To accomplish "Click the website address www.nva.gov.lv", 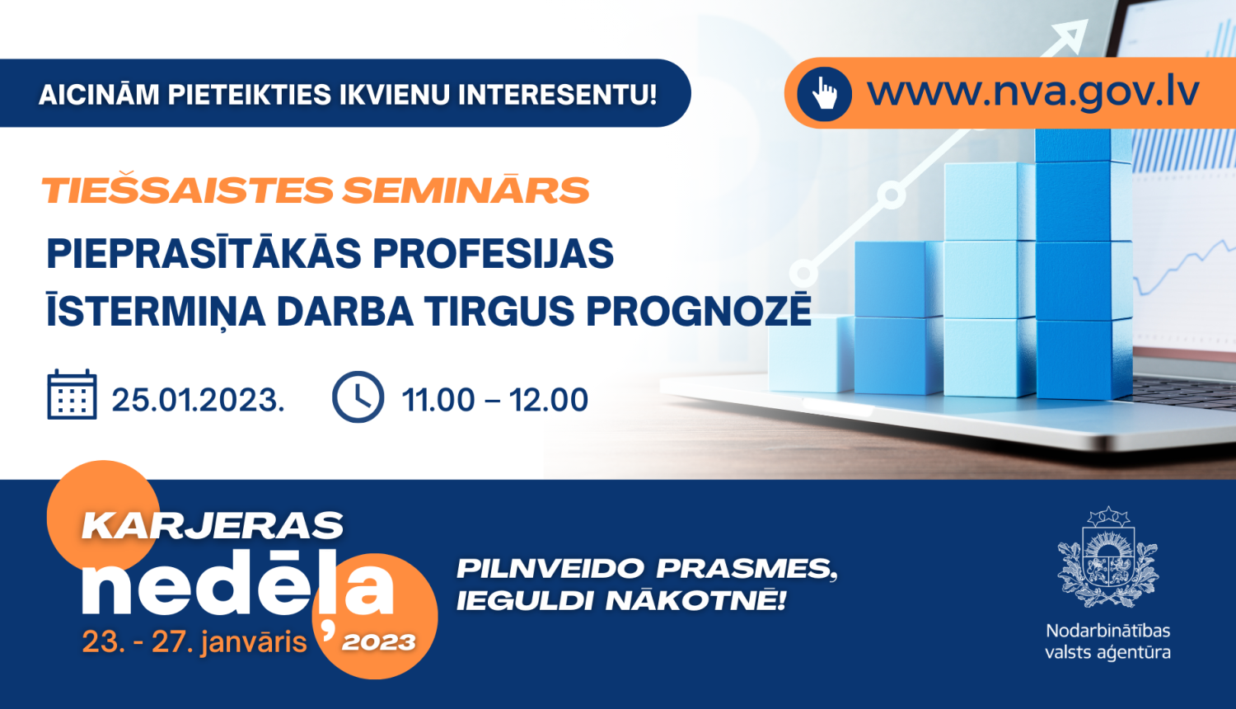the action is (1033, 92).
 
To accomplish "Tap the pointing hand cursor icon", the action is (824, 93).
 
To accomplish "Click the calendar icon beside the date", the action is (73, 394).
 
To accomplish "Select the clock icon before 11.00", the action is (358, 397).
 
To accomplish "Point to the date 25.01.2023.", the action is (198, 399).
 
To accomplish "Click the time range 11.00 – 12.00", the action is (494, 399).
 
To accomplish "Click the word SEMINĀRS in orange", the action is (466, 190).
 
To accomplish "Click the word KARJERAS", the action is (213, 525).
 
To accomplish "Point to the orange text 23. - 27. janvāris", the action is (194, 642).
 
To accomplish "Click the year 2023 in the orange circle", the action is (378, 642).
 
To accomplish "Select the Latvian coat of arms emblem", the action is (1107, 557).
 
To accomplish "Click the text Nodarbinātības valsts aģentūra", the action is (1107, 641).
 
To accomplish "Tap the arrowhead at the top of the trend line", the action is (1070, 35).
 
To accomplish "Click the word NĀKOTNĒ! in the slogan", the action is (695, 599).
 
